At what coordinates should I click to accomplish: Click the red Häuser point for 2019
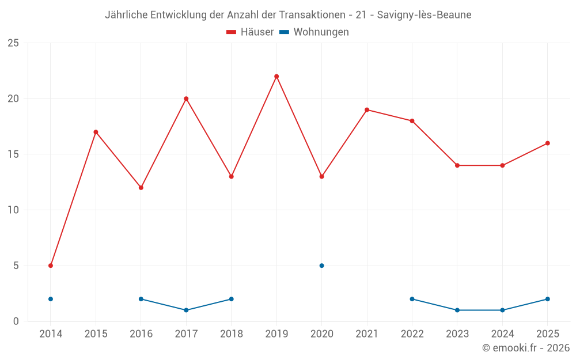coord(276,77)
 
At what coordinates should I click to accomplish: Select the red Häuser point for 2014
coord(51,266)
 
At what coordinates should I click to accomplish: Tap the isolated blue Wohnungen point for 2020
coord(322,266)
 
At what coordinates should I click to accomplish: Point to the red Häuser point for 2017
coord(186,99)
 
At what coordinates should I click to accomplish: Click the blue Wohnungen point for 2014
coord(51,299)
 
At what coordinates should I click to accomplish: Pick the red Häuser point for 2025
coord(548,143)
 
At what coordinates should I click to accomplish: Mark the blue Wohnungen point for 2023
coord(457,310)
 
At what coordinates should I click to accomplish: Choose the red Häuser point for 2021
coord(367,110)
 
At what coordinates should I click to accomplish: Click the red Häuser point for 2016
coord(141,188)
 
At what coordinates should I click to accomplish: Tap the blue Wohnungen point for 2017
coord(186,310)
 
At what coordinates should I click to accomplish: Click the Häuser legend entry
coord(250,32)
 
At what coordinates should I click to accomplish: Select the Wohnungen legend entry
coord(314,32)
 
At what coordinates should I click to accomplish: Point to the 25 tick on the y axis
coord(13,43)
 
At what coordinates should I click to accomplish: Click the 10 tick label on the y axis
coord(13,210)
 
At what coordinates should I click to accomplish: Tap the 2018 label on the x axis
coord(232,334)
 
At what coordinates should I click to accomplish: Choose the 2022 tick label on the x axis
coord(412,334)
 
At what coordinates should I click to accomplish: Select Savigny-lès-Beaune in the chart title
coord(425,15)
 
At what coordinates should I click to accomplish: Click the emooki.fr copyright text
coord(526,347)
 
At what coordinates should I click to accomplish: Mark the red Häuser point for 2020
coord(322,177)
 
